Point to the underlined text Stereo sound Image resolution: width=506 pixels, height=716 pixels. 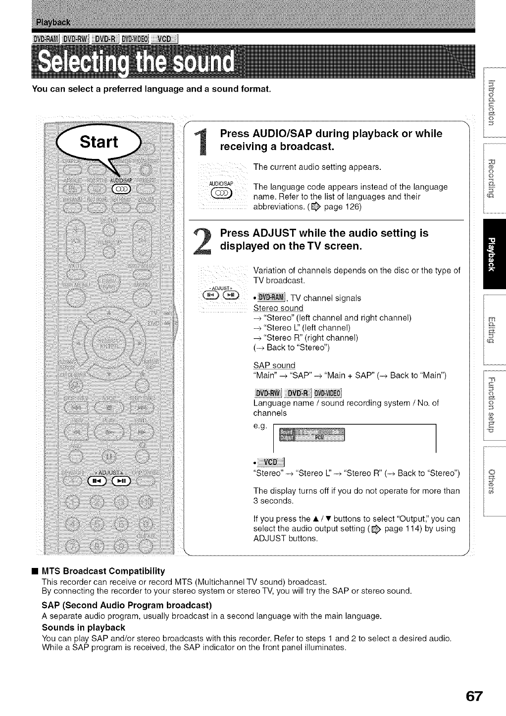[x=278, y=308]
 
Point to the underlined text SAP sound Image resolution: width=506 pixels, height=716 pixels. [x=274, y=365]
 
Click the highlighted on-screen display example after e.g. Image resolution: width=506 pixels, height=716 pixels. [x=311, y=434]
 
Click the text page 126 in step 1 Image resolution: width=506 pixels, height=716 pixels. [x=344, y=207]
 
